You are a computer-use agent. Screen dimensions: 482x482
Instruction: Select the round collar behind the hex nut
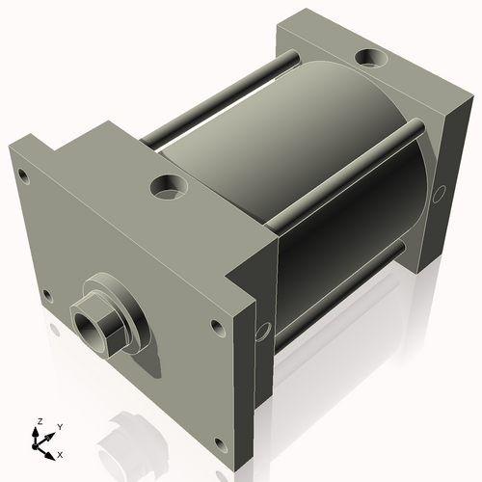tap(123, 307)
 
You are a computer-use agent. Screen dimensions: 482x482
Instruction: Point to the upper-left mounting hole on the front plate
tap(21, 174)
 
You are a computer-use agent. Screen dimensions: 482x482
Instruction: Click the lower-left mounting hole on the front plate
tap(44, 295)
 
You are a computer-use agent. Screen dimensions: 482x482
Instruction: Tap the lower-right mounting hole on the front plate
tap(219, 443)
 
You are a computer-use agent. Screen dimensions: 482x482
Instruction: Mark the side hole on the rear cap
tap(439, 195)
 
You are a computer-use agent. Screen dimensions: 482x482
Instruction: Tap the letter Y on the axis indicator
tap(59, 426)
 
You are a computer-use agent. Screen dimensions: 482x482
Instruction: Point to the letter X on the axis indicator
tap(61, 453)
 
